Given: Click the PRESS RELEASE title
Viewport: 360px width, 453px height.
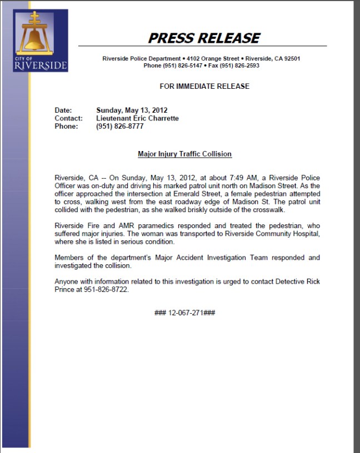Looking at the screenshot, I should [203, 38].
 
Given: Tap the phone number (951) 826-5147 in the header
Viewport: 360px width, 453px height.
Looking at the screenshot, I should [180, 66].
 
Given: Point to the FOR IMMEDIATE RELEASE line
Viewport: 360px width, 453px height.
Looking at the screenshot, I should [204, 86].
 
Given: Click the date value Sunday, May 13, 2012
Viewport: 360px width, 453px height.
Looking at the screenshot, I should [132, 110].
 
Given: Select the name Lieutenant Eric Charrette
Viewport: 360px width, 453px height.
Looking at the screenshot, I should [137, 118].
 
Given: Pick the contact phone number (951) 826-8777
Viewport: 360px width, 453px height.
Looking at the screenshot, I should [120, 126].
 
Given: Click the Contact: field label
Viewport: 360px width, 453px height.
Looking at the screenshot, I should [68, 118].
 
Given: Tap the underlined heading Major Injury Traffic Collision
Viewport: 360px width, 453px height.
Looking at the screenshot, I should [184, 154].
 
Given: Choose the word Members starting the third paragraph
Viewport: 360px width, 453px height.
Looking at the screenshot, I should [69, 258].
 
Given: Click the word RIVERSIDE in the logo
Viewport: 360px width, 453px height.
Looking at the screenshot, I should [40, 66].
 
